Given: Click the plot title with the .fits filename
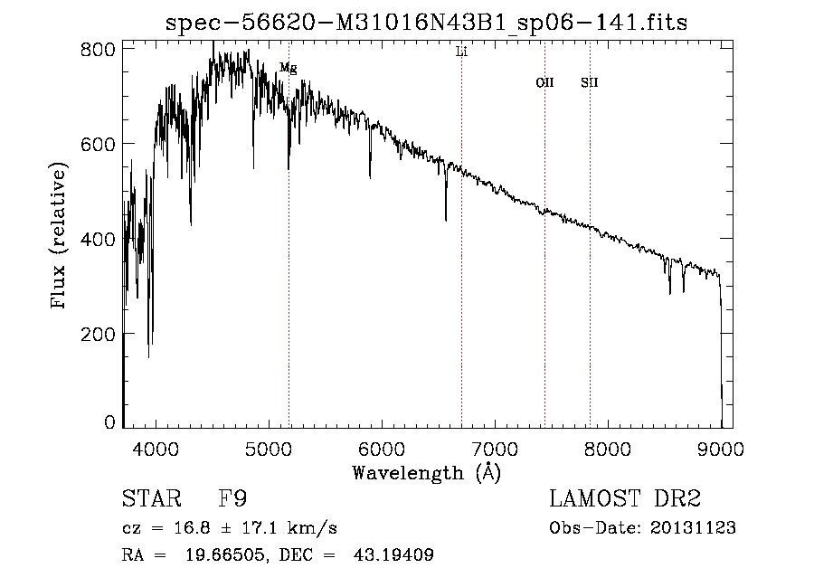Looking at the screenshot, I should pyautogui.click(x=427, y=23).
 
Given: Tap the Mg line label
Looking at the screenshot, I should pyautogui.click(x=288, y=68).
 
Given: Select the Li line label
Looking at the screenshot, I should pyautogui.click(x=461, y=52).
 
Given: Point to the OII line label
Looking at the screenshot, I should pyautogui.click(x=544, y=82).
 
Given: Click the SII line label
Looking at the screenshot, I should pyautogui.click(x=590, y=82).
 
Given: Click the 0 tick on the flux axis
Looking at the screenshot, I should pyautogui.click(x=109, y=422).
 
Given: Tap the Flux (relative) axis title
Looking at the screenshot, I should pyautogui.click(x=60, y=237).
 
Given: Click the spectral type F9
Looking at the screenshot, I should pyautogui.click(x=232, y=499).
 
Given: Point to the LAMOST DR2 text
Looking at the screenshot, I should pyautogui.click(x=625, y=499).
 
